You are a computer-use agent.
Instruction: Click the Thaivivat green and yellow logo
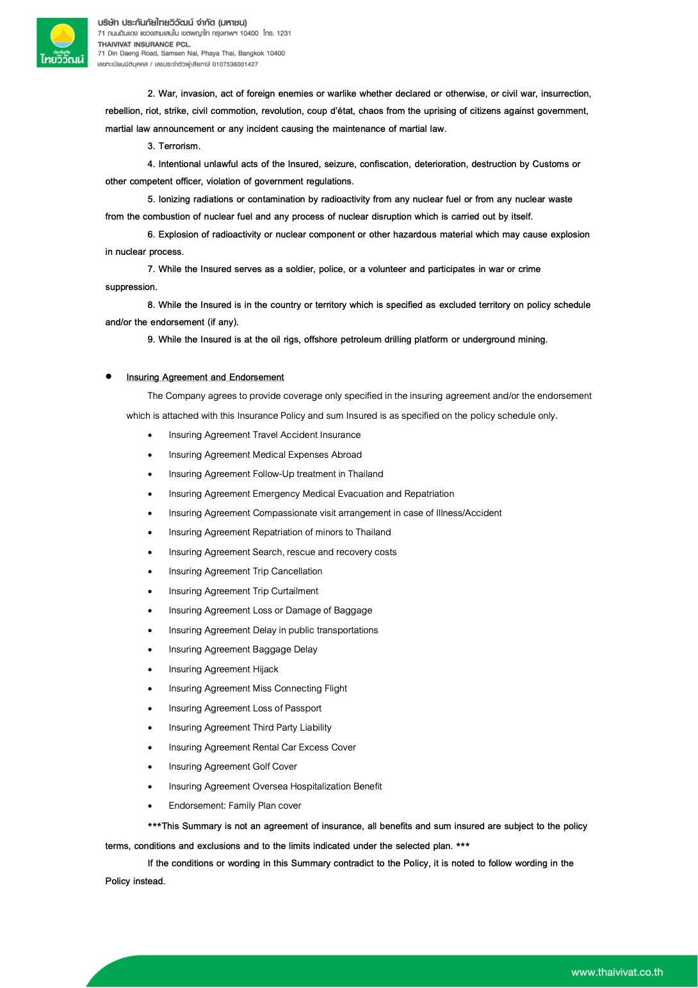pos(62,42)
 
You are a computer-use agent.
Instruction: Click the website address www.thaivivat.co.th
pos(617,972)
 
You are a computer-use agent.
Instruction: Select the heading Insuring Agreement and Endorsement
pos(205,377)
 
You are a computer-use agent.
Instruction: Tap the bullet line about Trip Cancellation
pos(245,571)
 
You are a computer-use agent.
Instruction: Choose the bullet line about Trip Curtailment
pos(243,591)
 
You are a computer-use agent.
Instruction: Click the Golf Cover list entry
pos(232,766)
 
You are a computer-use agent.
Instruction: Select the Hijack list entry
pos(223,669)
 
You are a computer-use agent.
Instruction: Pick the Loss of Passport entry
pos(245,708)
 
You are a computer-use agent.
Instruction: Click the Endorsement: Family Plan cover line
pos(234,806)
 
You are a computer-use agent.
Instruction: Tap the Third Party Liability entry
pos(250,727)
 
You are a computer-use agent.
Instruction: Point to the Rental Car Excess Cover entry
pos(262,747)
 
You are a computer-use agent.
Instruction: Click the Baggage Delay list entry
pos(243,649)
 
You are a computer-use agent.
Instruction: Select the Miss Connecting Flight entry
pos(257,688)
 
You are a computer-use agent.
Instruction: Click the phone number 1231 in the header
pos(284,33)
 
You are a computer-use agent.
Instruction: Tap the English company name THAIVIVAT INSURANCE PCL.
pos(144,44)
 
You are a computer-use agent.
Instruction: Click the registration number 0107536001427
pos(235,64)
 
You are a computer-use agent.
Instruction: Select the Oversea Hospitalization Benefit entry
pos(275,786)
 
